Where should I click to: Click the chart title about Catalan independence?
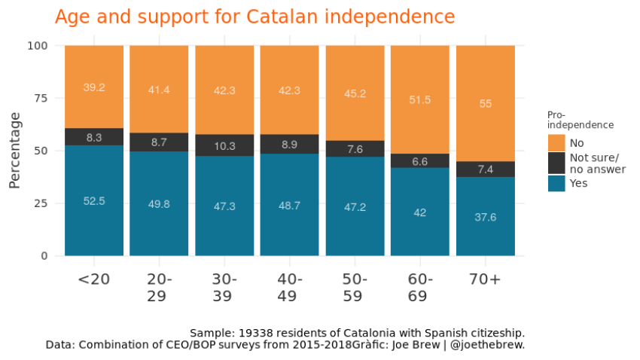click(x=254, y=17)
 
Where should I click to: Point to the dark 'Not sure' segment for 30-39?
click(x=224, y=145)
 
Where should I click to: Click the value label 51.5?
click(x=420, y=99)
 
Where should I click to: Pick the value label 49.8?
click(x=159, y=204)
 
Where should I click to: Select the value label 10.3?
click(x=224, y=145)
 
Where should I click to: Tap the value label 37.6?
click(x=485, y=217)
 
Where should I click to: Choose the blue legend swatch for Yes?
click(x=556, y=182)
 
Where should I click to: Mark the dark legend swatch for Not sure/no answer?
click(x=556, y=163)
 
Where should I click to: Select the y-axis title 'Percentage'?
click(x=15, y=150)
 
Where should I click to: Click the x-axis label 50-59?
click(x=355, y=287)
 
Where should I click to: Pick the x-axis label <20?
click(x=94, y=279)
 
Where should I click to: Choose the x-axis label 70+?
click(x=485, y=279)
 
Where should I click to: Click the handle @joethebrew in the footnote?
click(x=492, y=345)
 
